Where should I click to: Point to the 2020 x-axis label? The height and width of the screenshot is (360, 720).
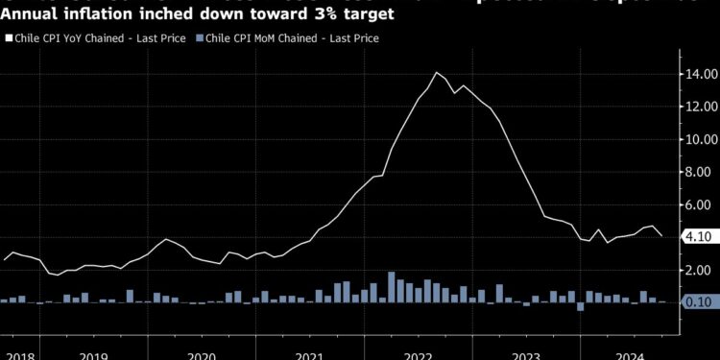[201, 354]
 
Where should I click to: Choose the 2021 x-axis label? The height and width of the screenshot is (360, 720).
[309, 354]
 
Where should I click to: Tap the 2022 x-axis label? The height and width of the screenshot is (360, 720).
[419, 354]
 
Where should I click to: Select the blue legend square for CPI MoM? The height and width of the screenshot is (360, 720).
[199, 38]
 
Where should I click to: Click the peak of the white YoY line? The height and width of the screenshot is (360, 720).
[437, 73]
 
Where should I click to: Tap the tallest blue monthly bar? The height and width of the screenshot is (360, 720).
[392, 287]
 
